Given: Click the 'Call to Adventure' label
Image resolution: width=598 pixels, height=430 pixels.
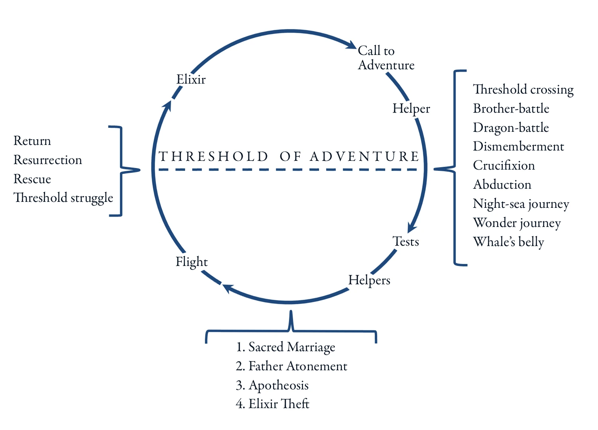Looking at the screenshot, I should [386, 58].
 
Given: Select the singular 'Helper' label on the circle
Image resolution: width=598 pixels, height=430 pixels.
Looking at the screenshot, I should [411, 108].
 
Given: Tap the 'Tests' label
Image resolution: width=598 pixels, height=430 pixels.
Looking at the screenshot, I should [406, 241].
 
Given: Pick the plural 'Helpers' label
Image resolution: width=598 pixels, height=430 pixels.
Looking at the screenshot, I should [369, 280].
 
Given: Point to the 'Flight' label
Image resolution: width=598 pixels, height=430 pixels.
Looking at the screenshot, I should [192, 262].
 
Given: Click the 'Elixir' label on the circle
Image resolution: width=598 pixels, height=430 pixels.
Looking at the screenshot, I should [191, 79].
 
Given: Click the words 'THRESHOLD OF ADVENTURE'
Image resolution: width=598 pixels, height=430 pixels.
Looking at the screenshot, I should [289, 156].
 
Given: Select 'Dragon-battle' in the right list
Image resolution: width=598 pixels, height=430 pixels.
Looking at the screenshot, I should [511, 127].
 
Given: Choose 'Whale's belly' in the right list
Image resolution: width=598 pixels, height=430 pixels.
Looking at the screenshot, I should [508, 242].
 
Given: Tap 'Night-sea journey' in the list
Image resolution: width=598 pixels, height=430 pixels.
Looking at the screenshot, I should [521, 204].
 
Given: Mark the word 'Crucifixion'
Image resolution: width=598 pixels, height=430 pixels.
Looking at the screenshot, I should [504, 165].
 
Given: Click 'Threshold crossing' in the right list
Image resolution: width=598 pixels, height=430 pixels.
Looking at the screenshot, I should [523, 90].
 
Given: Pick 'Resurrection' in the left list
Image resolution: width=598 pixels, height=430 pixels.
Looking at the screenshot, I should [48, 160].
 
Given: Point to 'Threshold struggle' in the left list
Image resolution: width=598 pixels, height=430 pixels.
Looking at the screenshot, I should [63, 198].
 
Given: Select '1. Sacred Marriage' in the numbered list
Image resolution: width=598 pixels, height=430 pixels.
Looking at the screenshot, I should [285, 347].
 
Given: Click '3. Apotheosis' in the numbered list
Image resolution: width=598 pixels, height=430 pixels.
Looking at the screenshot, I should [272, 385].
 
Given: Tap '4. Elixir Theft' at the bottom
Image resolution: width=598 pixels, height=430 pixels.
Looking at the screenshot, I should [272, 404].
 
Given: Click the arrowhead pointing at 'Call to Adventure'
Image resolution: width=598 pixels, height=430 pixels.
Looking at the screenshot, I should [351, 45].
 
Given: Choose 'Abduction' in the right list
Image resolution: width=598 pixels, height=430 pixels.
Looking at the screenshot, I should [502, 184].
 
